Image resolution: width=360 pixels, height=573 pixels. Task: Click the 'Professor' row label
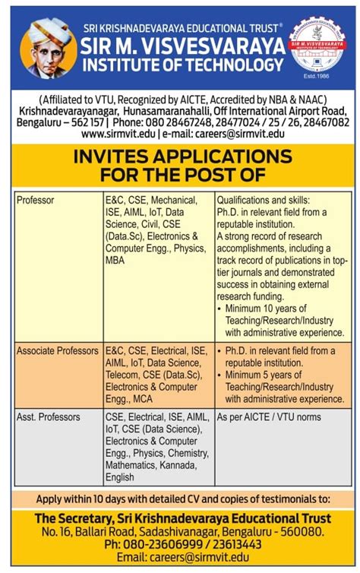click(36, 201)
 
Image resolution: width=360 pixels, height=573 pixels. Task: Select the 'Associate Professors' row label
click(58, 350)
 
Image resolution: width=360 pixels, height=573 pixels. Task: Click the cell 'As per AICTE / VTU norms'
click(268, 417)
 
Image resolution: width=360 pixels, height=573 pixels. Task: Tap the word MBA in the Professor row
click(116, 260)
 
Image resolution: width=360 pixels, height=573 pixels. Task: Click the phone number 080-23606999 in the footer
click(159, 544)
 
